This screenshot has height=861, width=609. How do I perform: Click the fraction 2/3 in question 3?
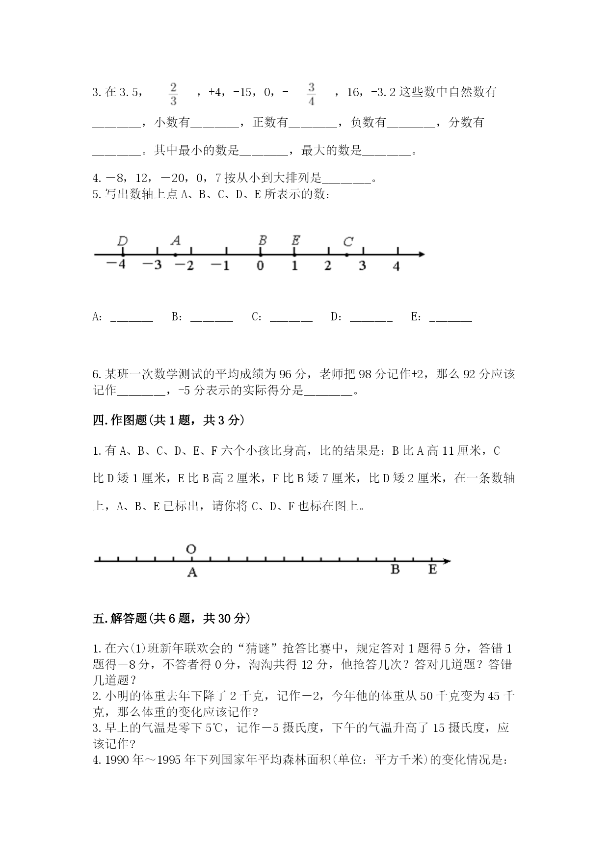173,94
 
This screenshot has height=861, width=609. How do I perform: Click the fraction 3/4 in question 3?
311,94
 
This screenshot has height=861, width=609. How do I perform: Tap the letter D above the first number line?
123,241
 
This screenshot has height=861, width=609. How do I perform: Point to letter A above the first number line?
176,240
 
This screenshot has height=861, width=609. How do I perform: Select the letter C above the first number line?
348,242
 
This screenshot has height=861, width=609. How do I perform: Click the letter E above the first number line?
295,240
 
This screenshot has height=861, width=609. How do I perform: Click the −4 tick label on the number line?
116,265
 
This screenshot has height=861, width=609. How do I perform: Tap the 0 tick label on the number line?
260,265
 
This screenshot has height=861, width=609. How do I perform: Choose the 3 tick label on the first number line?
362,265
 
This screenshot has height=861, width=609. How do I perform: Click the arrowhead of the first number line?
421,254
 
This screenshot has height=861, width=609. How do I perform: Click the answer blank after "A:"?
132,318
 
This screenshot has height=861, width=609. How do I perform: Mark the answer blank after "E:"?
450,318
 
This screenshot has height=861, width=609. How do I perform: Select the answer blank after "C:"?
291,318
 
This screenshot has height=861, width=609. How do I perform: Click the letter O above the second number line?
191,549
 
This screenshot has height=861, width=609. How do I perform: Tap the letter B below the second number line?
395,570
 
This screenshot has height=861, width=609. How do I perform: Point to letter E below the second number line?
432,570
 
